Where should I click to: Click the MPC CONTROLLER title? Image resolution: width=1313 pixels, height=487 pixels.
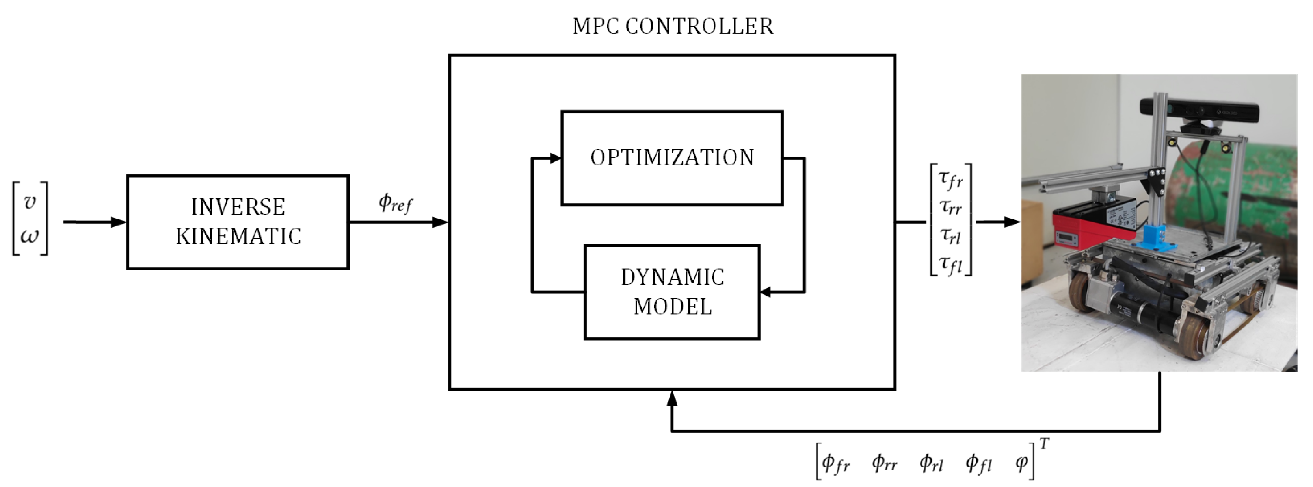[x=672, y=26]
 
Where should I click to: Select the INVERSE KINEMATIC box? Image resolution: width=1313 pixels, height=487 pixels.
[x=238, y=222]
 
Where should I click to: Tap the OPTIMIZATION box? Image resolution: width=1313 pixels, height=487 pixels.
[x=672, y=158]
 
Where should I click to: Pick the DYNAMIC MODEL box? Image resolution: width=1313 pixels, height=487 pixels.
[x=672, y=292]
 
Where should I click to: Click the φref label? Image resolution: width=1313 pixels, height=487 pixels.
[x=395, y=203]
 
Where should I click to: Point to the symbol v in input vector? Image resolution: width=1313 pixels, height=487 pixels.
[x=30, y=202]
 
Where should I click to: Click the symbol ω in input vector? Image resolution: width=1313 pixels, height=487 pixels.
[x=30, y=236]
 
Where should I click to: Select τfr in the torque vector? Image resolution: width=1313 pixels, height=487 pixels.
[x=950, y=179]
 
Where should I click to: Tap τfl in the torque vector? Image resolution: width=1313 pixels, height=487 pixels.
[x=950, y=264]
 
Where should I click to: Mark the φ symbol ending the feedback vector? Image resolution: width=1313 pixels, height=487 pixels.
[x=1021, y=462]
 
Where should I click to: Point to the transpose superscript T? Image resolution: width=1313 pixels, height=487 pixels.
[x=1044, y=444]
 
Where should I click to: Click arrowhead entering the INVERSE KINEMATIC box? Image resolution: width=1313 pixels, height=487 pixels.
[x=119, y=222]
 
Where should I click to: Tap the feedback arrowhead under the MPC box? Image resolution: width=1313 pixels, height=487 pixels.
[x=672, y=399]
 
